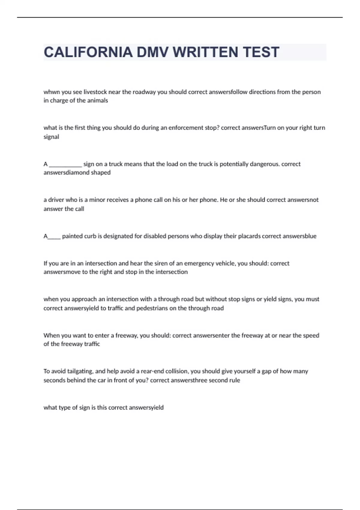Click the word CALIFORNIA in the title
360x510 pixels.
tap(88, 52)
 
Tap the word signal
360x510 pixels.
tap(51, 137)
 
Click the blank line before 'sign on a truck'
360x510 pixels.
tap(65, 164)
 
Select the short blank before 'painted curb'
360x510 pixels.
tap(54, 237)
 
